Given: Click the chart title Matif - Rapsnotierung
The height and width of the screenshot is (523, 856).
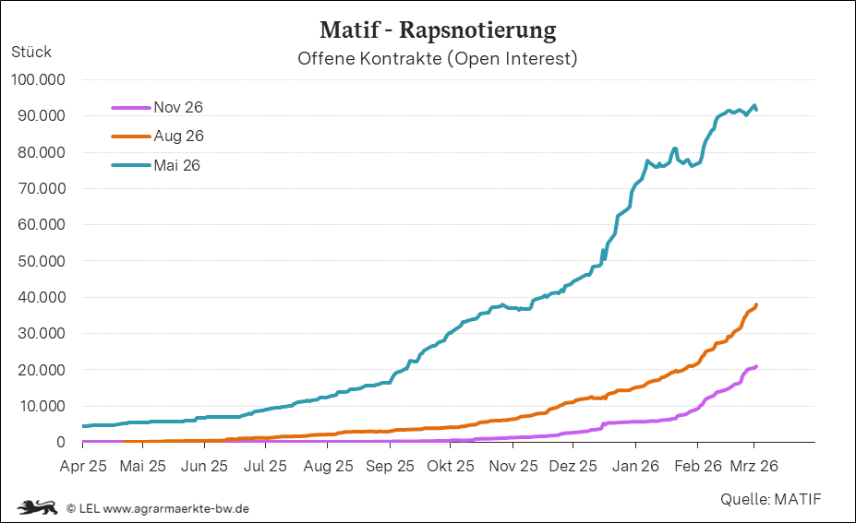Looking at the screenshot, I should click(438, 30).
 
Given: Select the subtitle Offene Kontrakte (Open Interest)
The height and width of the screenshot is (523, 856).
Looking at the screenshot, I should click(438, 59).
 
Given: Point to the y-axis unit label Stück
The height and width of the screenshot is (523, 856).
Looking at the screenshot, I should click(31, 52).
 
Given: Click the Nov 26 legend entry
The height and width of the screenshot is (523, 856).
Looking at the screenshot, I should click(178, 107).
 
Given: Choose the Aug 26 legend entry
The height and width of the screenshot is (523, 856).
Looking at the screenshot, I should click(178, 136).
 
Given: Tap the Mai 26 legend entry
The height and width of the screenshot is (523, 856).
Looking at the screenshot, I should click(176, 165).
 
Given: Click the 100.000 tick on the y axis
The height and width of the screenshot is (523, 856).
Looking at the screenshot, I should click(38, 80).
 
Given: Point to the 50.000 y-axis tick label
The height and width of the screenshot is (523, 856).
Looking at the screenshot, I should click(41, 261).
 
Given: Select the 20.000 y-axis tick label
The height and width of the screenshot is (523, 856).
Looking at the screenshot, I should click(41, 370).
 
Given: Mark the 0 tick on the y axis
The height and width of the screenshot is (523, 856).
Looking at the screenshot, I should click(61, 443).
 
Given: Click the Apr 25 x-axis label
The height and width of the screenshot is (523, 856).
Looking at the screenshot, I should click(83, 466).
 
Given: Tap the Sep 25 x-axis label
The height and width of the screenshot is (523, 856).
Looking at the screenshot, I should click(390, 466).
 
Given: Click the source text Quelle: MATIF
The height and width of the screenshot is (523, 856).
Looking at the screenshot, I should click(771, 499).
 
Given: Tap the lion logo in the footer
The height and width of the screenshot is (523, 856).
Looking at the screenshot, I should click(38, 506).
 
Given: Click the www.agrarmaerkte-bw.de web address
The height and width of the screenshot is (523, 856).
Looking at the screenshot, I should click(176, 507).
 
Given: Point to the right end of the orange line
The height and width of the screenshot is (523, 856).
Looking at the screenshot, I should click(756, 305).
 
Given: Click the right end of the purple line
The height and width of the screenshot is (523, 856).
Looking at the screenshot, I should click(756, 366).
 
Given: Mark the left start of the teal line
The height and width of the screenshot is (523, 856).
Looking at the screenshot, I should click(84, 426).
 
